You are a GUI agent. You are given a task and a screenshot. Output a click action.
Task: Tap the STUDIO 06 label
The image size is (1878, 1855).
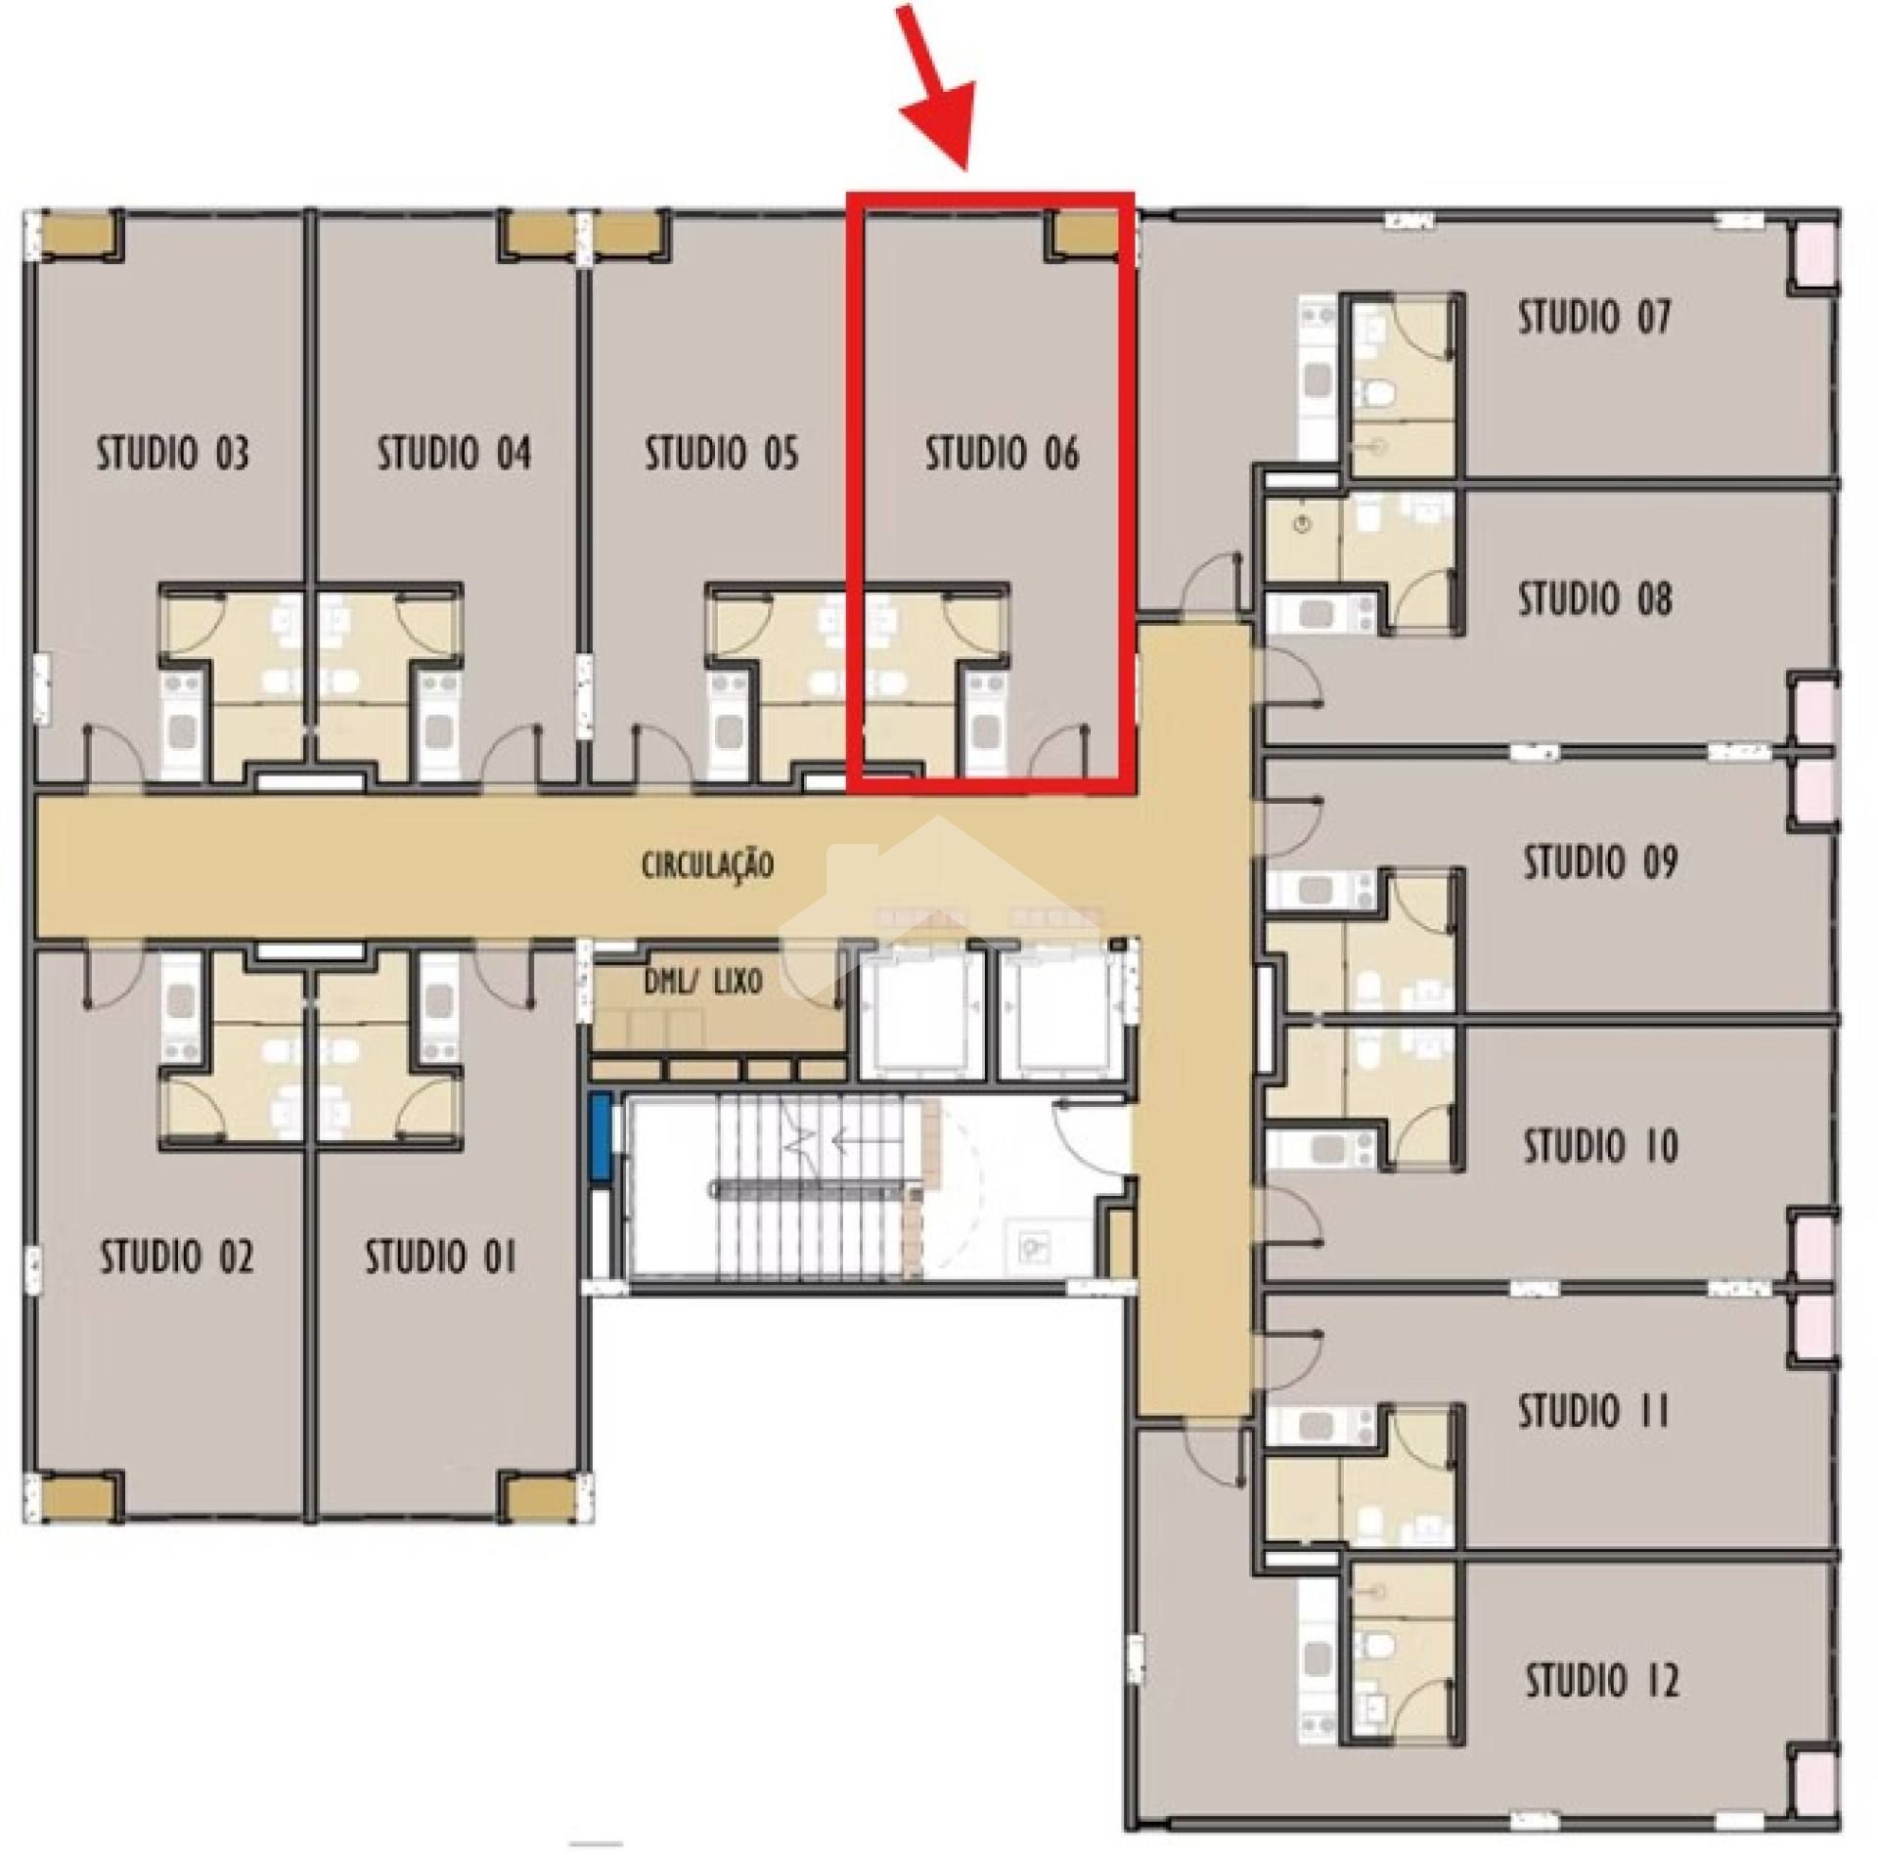click(x=1003, y=454)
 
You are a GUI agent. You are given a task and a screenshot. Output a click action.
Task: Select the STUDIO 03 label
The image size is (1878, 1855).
click(x=173, y=454)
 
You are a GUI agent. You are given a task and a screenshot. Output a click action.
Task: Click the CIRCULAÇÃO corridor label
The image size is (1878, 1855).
click(x=707, y=864)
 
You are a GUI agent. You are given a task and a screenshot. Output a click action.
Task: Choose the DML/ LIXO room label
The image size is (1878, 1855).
click(x=702, y=982)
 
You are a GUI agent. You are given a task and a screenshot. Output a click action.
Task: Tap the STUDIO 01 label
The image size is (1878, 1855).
click(x=440, y=1257)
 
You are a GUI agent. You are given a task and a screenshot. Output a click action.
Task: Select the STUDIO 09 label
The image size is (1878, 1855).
click(x=1601, y=861)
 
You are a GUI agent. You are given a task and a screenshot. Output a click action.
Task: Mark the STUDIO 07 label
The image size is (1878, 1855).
click(x=1595, y=318)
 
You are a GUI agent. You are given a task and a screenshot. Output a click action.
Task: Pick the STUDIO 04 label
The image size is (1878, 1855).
click(x=455, y=454)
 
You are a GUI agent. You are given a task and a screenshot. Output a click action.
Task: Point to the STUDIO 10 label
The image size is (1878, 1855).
click(x=1601, y=1145)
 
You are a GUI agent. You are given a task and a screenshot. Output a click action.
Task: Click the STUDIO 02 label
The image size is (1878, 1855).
click(x=177, y=1257)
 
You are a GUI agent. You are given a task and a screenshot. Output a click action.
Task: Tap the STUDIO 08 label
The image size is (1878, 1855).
click(x=1595, y=598)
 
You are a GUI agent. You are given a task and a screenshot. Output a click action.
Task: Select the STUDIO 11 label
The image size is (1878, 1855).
click(x=1594, y=1411)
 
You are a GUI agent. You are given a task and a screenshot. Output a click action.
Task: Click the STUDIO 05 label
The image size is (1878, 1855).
click(x=722, y=454)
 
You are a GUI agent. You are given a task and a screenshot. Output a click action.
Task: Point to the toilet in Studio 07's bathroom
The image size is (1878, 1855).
click(x=1380, y=393)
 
